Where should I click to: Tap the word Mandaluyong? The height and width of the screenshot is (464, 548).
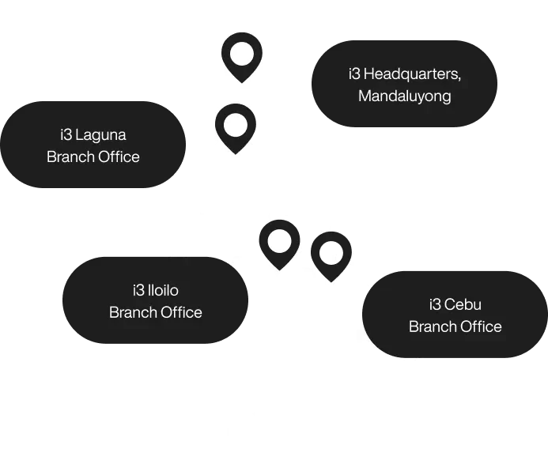click(x=404, y=96)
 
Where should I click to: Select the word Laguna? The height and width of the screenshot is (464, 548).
click(x=100, y=134)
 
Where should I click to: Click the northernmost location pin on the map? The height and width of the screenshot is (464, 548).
click(x=241, y=55)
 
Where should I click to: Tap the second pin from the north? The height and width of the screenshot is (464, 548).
click(x=235, y=126)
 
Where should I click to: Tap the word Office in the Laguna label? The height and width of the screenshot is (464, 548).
click(x=118, y=157)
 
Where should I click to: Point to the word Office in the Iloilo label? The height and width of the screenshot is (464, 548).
click(x=180, y=312)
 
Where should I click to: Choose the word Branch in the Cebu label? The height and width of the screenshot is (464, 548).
click(x=432, y=326)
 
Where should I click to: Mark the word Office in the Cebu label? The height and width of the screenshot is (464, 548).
click(x=480, y=326)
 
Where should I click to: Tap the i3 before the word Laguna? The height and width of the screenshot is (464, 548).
click(x=66, y=134)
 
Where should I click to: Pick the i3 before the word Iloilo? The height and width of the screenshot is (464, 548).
click(x=140, y=290)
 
